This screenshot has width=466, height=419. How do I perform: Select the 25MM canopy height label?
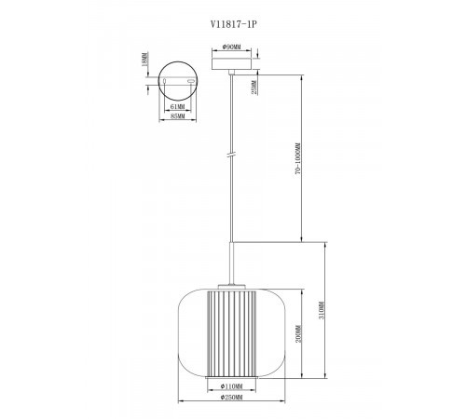point(254,88)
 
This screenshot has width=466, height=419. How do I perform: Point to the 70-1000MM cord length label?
point(296,160)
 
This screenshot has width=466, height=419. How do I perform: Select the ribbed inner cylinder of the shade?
point(228,331)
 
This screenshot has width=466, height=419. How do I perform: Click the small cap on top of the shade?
point(229,283)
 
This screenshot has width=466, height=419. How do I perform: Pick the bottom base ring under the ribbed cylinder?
point(228,374)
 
